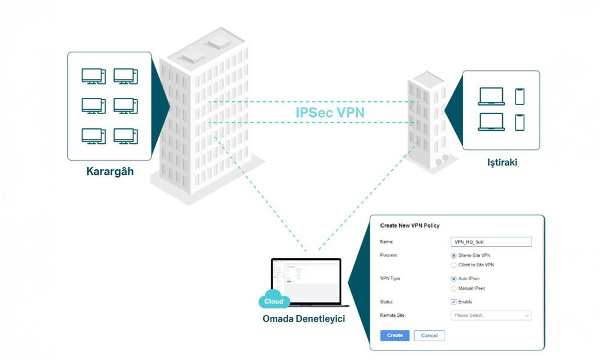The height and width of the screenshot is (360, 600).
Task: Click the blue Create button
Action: [394, 335]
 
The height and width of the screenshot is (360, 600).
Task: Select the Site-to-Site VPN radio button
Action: [454, 255]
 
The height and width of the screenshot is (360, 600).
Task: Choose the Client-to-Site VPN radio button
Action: [454, 265]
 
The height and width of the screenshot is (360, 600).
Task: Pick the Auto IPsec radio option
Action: [454, 279]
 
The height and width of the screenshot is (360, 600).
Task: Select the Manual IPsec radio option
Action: [454, 289]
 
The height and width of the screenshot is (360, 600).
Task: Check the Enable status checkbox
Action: [454, 302]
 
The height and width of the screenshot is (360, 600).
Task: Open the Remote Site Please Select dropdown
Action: [491, 316]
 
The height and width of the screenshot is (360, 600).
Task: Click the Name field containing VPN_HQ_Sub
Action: [491, 242]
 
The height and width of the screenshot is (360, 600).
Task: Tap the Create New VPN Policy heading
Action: [410, 226]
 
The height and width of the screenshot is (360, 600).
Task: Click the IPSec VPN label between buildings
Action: [329, 112]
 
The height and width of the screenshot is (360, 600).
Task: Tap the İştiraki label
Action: [501, 163]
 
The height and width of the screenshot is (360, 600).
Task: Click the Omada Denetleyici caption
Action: [304, 318]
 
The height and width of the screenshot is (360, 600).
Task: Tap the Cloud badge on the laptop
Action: [274, 301]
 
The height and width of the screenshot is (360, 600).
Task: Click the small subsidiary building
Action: [427, 123]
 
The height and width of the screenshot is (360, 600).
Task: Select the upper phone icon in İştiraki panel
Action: [520, 96]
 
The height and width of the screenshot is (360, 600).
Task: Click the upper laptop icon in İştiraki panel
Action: [491, 97]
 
